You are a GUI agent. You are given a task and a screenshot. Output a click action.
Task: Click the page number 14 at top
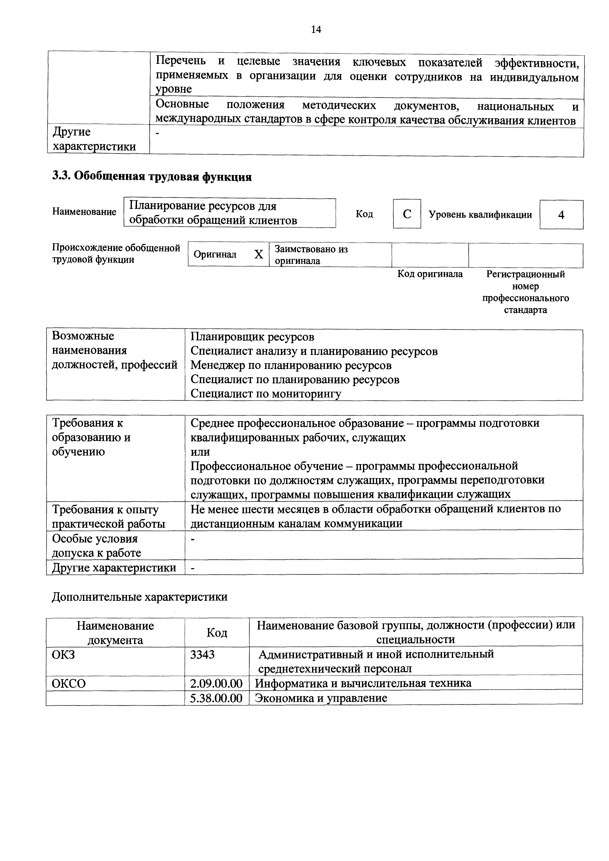(316, 30)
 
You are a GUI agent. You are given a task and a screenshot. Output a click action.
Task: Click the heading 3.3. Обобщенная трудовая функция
(152, 177)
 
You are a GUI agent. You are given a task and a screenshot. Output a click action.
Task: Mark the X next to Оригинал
(259, 255)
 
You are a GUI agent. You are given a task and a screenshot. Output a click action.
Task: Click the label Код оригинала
(430, 274)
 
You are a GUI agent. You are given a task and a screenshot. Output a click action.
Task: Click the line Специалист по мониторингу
(266, 394)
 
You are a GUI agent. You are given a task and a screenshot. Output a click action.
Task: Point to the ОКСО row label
(69, 684)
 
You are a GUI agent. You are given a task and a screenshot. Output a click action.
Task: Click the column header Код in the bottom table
(217, 633)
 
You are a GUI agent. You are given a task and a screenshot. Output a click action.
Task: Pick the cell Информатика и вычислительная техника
(363, 683)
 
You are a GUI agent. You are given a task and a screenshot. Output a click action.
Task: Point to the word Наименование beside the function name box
(84, 212)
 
